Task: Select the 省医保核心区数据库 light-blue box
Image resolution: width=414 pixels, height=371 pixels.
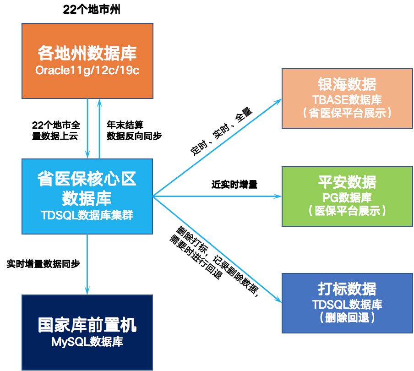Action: (x=87, y=196)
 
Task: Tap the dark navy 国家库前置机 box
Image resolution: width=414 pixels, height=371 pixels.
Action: (x=87, y=332)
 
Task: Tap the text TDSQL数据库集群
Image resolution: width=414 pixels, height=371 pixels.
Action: (x=87, y=214)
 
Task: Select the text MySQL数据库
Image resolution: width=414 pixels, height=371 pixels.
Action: (x=87, y=342)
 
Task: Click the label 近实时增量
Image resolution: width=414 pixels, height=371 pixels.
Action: (x=234, y=185)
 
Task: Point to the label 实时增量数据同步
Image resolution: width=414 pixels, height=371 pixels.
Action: (x=44, y=264)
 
